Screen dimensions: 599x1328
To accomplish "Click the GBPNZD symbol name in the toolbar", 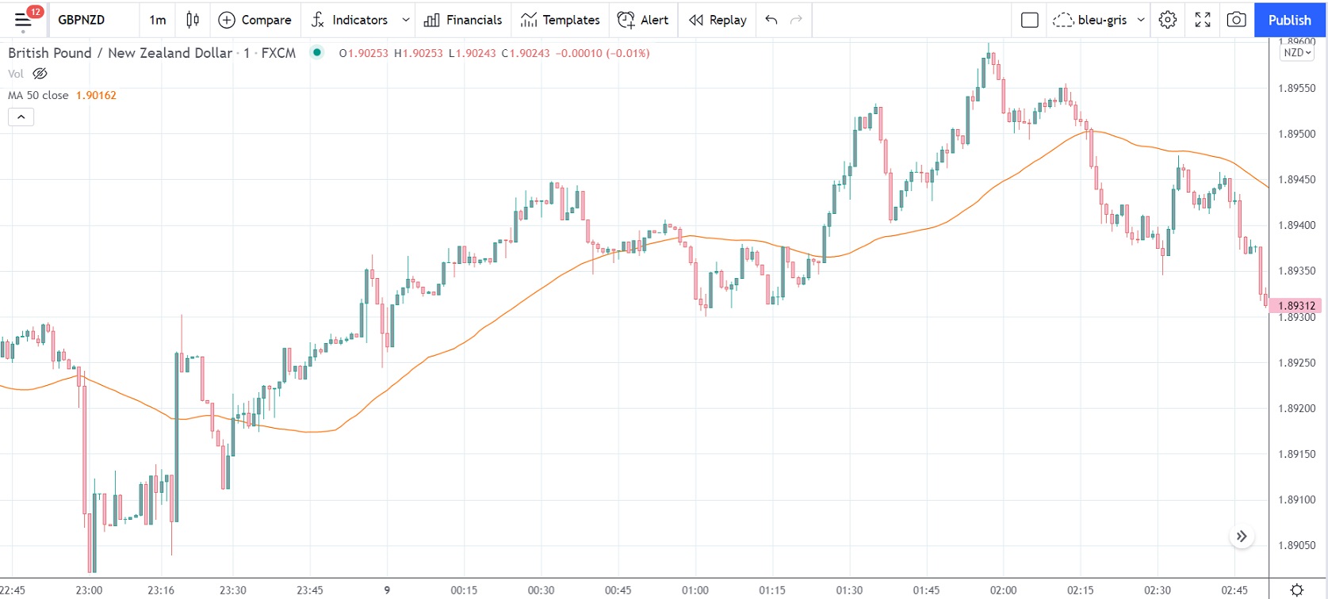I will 81,20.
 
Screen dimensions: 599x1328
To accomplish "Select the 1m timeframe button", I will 158,20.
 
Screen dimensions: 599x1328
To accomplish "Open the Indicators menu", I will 350,20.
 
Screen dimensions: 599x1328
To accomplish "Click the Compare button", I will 255,20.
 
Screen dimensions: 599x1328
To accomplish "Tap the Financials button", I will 463,20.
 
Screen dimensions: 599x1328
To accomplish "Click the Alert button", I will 643,20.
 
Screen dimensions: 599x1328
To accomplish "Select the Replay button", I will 718,20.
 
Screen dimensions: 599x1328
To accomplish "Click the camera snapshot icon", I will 1236,20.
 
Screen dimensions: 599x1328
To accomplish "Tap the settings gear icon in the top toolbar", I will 1168,20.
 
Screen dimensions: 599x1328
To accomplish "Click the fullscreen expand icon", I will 1203,20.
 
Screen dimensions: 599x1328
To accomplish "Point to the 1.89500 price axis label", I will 1296,134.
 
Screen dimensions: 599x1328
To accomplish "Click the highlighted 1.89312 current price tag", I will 1296,306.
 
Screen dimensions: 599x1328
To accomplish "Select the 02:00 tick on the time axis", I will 1003,590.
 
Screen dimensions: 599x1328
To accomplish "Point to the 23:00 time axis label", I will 89,590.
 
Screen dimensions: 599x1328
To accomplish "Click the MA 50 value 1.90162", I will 96,95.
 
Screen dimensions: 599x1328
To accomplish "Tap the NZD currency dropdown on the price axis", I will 1297,52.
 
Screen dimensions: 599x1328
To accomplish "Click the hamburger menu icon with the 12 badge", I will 24,20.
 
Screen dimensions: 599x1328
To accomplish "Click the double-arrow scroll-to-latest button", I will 1242,536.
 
